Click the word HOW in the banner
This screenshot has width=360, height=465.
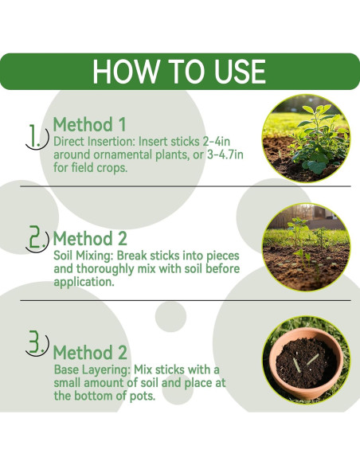[125, 72]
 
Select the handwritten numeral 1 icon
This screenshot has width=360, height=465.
[37, 137]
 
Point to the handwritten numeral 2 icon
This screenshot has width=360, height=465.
[37, 239]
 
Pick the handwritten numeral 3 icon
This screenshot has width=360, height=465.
[37, 343]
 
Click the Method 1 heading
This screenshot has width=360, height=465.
[89, 124]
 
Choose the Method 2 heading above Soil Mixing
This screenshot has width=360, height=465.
[90, 238]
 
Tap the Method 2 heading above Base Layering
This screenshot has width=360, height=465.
[90, 352]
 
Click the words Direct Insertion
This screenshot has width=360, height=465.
[94, 142]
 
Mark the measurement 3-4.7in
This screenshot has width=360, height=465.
[225, 154]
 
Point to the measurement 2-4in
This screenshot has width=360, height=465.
[217, 142]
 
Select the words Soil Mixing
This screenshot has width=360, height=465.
[83, 256]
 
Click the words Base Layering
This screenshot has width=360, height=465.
[92, 369]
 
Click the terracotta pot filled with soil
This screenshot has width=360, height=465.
[306, 362]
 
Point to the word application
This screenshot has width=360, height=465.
[84, 282]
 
